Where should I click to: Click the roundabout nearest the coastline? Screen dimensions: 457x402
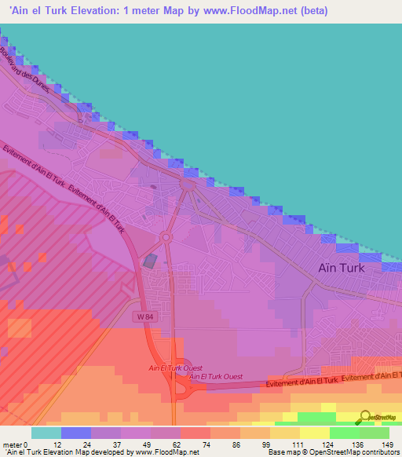tap(188, 184)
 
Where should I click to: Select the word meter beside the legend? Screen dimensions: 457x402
tap(14, 444)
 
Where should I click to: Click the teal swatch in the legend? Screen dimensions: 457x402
tap(46, 433)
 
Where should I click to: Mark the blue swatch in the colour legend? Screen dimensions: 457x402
tap(76, 433)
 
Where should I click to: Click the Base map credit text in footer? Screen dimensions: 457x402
tap(290, 452)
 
